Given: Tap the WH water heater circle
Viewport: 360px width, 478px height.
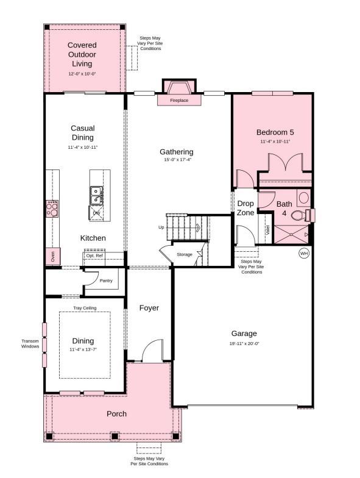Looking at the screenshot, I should tap(303, 253).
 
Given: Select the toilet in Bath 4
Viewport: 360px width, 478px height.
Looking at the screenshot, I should tap(299, 215).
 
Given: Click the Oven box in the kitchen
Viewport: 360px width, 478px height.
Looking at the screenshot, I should tap(52, 257).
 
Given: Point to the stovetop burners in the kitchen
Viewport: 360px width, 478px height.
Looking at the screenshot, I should tap(52, 209).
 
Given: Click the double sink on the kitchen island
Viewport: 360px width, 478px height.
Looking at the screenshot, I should tap(96, 195).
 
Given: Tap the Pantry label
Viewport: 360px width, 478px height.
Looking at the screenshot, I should tap(106, 281).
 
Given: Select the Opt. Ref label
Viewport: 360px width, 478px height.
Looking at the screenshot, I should tap(94, 255).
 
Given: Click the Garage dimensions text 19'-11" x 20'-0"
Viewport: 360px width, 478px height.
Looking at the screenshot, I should tap(244, 344).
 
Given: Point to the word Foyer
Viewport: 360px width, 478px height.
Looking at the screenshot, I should tap(149, 308).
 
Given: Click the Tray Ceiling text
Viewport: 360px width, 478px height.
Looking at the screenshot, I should tap(85, 308).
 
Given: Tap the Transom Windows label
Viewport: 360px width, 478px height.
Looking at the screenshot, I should tap(30, 344).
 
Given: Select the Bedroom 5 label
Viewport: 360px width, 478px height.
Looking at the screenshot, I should tap(275, 132).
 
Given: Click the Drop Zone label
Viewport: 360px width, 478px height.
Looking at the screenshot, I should tap(245, 208).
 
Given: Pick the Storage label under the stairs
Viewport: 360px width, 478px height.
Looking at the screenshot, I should tap(185, 254).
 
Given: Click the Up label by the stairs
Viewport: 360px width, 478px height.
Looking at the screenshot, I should tap(161, 227).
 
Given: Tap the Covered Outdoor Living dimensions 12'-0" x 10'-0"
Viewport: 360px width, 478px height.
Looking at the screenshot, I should tap(82, 74).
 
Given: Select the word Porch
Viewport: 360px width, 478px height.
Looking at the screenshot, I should tap(116, 413).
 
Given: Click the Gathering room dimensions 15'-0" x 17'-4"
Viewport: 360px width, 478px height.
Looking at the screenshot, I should tap(177, 160).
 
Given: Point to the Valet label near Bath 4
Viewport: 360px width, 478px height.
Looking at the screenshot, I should tap(267, 230).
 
